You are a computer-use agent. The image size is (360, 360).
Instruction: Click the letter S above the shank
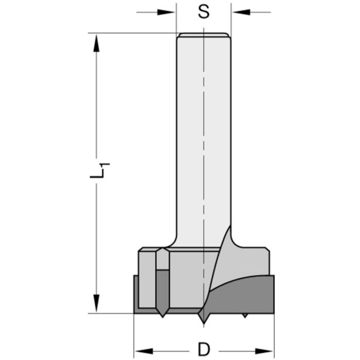tap(204, 12)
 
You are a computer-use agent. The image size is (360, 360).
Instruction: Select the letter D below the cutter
tap(204, 349)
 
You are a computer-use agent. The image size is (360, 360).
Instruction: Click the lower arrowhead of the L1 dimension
tap(95, 303)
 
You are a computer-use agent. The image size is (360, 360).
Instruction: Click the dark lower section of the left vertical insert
tap(162, 291)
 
